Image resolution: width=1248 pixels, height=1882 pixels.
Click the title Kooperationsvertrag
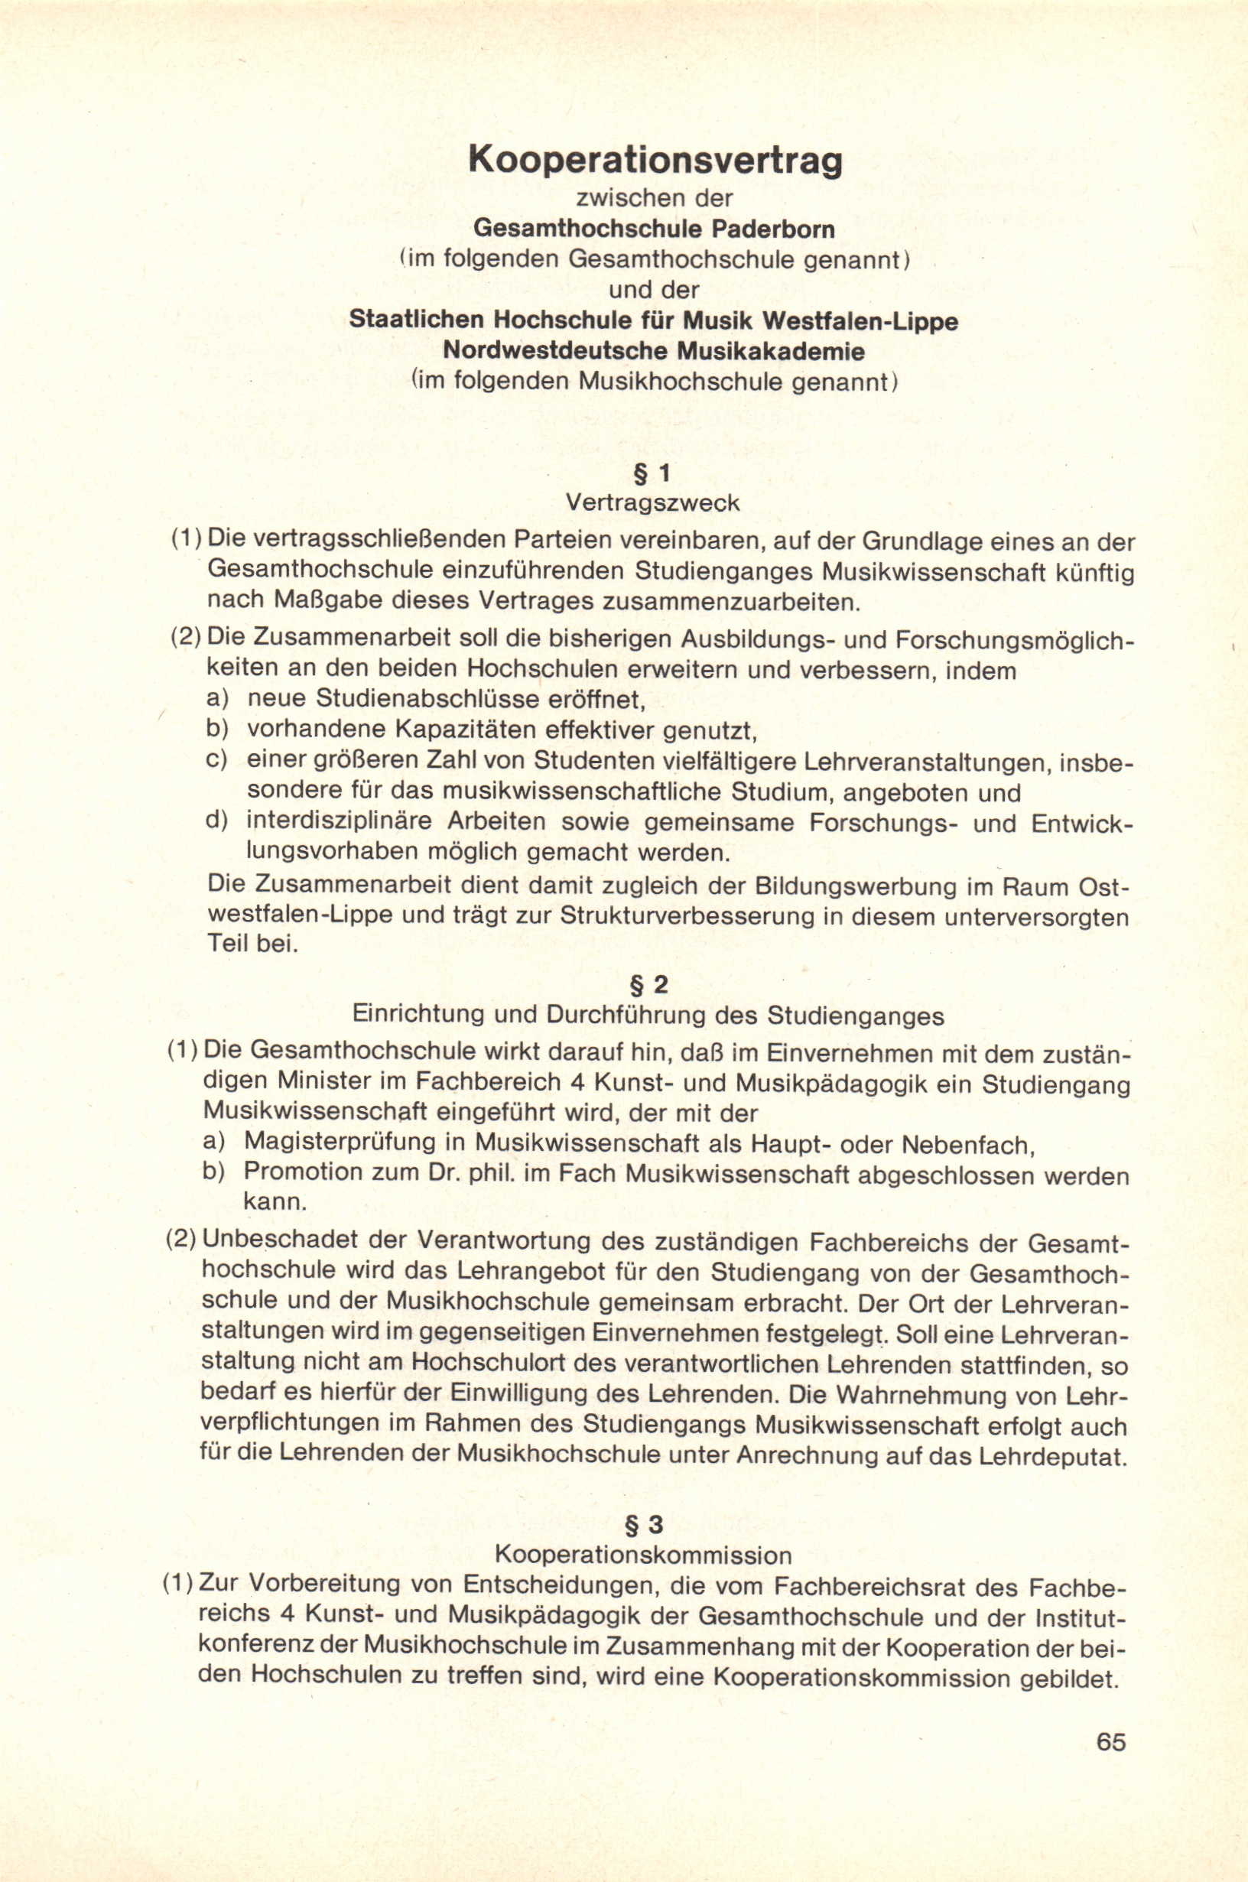click(x=655, y=161)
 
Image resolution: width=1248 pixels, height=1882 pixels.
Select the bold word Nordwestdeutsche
click(x=557, y=351)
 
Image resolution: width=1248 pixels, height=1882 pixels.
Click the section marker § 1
click(x=651, y=474)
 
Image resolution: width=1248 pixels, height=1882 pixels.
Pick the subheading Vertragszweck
click(x=652, y=503)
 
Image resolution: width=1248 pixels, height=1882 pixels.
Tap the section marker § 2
click(x=648, y=986)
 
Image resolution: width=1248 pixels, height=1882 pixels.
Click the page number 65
click(x=1111, y=1742)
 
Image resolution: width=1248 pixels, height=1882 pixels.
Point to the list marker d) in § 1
click(x=217, y=821)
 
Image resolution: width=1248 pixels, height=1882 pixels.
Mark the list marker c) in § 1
click(x=217, y=760)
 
